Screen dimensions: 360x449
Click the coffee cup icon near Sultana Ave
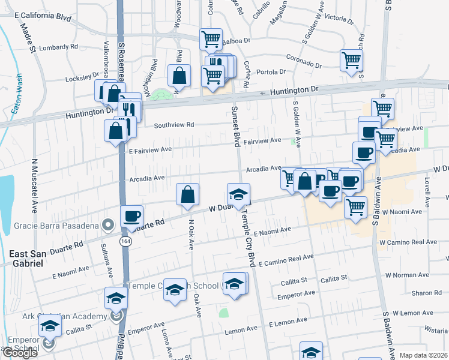coord(131,216)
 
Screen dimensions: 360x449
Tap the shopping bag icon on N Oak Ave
coord(187,194)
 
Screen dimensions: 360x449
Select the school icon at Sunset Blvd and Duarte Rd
coord(238,194)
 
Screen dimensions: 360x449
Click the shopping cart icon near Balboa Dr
coord(211,39)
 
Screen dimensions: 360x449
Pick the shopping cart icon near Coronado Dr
coord(351,59)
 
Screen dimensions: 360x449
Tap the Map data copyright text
coord(423,355)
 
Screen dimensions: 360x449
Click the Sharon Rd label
coord(427,293)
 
